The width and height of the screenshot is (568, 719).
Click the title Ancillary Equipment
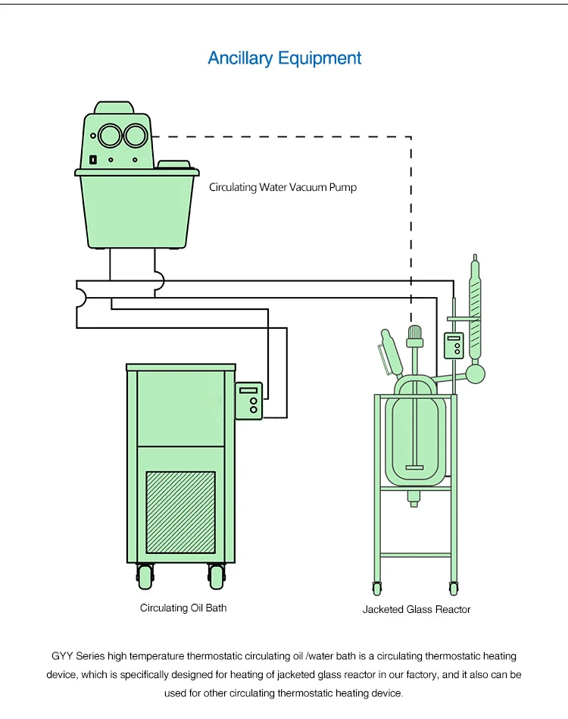(284, 58)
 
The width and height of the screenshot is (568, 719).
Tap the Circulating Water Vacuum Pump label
(282, 187)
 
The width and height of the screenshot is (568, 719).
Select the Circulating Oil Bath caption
(183, 608)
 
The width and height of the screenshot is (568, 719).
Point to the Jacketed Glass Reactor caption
(417, 609)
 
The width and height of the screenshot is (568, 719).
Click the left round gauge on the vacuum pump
(110, 136)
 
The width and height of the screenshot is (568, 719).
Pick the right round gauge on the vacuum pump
(136, 136)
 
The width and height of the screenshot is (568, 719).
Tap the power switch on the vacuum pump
(92, 160)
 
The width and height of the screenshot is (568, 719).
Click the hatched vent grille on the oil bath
(180, 512)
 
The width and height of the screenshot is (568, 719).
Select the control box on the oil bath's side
(248, 401)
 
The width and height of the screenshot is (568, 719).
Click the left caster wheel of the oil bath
(145, 577)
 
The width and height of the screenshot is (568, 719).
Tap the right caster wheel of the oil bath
(217, 577)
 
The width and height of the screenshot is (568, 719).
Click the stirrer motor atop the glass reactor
(414, 336)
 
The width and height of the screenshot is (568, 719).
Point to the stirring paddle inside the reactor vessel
(414, 467)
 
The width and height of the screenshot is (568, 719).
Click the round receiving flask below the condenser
(476, 374)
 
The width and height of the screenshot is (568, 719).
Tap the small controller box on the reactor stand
(454, 345)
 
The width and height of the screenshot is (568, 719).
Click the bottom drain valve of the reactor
(414, 499)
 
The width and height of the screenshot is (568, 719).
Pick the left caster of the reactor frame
(377, 588)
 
